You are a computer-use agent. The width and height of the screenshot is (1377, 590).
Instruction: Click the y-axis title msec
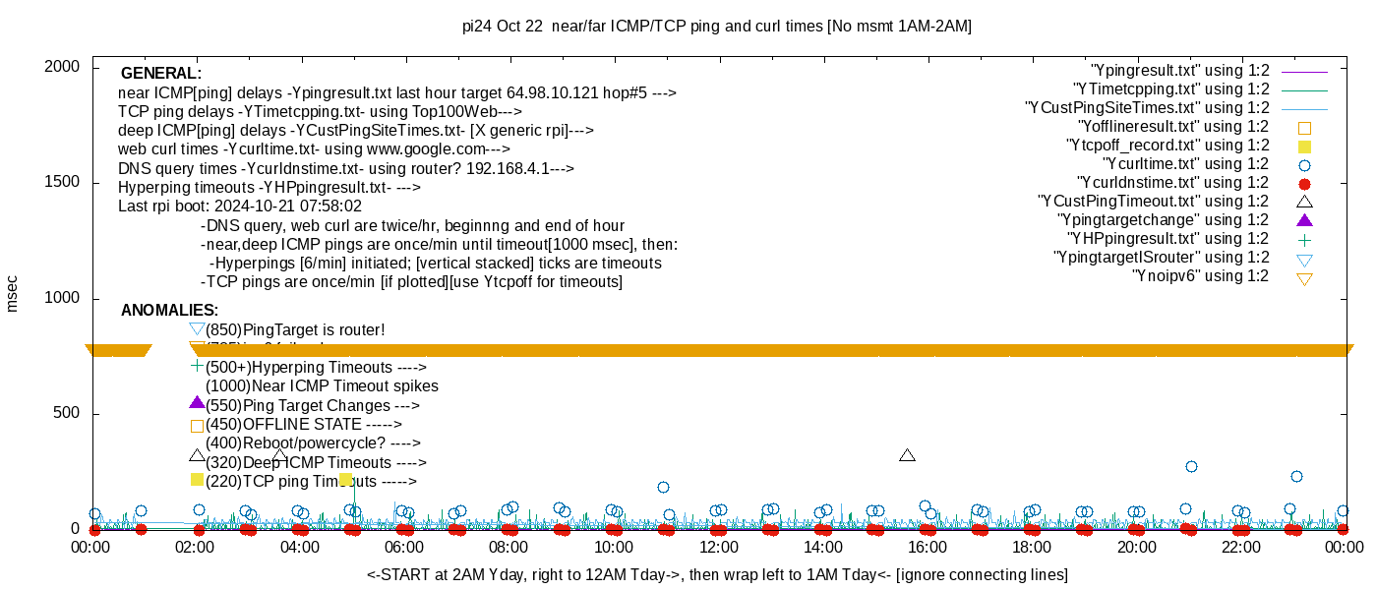pyautogui.click(x=13, y=293)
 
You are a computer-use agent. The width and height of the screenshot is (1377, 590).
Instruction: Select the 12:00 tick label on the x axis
pyautogui.click(x=718, y=547)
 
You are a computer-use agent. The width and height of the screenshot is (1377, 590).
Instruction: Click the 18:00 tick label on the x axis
pyautogui.click(x=1032, y=547)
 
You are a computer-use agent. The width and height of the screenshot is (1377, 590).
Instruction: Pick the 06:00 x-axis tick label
pyautogui.click(x=404, y=547)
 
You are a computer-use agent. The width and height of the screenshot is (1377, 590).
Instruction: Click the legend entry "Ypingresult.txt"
pyautogui.click(x=1180, y=71)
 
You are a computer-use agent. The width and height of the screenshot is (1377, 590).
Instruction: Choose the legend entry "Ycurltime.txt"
pyautogui.click(x=1186, y=164)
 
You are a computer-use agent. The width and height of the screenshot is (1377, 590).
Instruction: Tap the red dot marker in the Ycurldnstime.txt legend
pyautogui.click(x=1305, y=184)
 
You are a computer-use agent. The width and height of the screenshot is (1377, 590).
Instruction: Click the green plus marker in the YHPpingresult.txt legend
pyautogui.click(x=1305, y=240)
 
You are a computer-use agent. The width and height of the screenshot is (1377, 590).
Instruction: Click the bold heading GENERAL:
pyautogui.click(x=160, y=74)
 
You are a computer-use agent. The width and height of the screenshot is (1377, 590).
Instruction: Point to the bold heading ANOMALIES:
pyautogui.click(x=169, y=311)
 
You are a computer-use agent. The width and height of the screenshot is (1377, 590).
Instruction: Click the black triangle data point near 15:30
pyautogui.click(x=907, y=455)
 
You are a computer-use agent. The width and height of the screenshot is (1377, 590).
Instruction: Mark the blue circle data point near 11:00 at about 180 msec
pyautogui.click(x=663, y=487)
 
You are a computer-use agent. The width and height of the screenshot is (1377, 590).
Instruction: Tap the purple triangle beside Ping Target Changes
pyautogui.click(x=197, y=403)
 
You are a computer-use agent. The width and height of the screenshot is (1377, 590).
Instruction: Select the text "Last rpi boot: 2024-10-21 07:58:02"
pyautogui.click(x=240, y=206)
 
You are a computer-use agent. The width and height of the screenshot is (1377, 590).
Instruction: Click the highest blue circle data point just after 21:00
pyautogui.click(x=1191, y=466)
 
